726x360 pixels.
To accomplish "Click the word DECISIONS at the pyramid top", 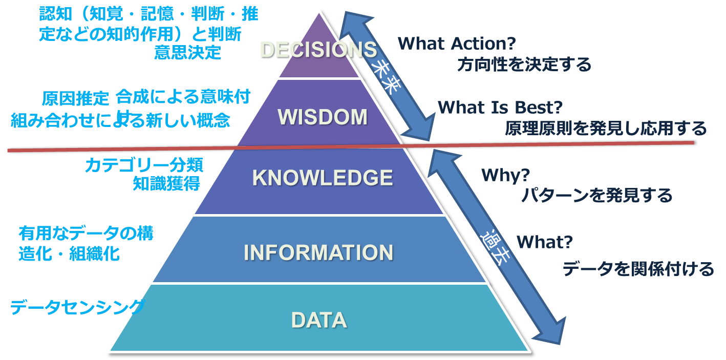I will [318, 50].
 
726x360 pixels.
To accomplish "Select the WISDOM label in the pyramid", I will [323, 117].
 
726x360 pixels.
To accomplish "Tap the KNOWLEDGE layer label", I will [323, 178].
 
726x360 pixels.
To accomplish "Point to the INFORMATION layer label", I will [318, 252].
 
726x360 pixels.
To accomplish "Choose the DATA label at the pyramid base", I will [319, 320].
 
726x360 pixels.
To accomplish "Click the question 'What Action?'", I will [457, 44].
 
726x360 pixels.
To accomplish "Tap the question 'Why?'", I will [505, 175].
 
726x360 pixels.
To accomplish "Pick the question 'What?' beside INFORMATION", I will [544, 242].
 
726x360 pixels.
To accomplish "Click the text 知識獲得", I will [166, 183].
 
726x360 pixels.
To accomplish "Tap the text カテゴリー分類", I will [144, 165].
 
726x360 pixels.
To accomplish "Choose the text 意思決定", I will [187, 52].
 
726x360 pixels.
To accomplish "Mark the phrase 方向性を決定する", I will [524, 65].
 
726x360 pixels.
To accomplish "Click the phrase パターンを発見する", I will [597, 196].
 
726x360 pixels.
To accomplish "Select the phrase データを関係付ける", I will [638, 269].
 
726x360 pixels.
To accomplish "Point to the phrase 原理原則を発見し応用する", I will [606, 128].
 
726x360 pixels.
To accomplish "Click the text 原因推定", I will [76, 98].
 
